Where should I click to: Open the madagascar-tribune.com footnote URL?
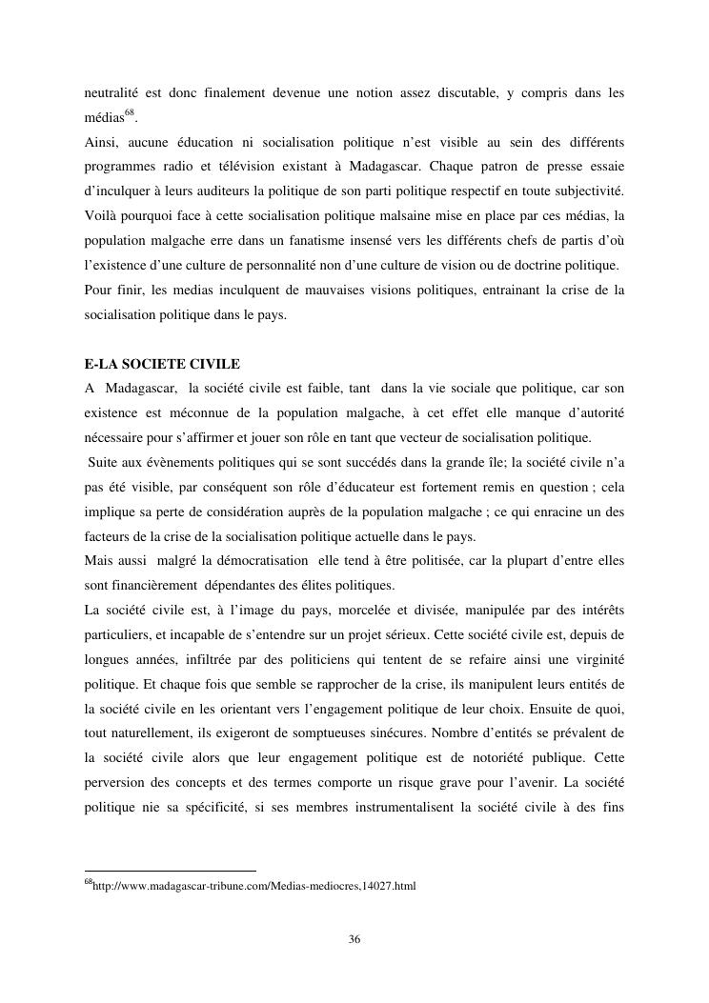point(254,885)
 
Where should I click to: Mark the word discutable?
point(464,92)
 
